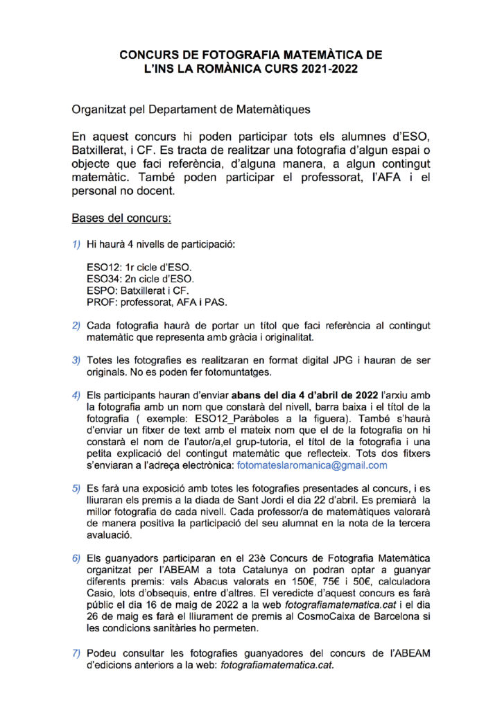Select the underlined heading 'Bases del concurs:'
[x=121, y=218]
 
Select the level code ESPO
[x=100, y=291]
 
